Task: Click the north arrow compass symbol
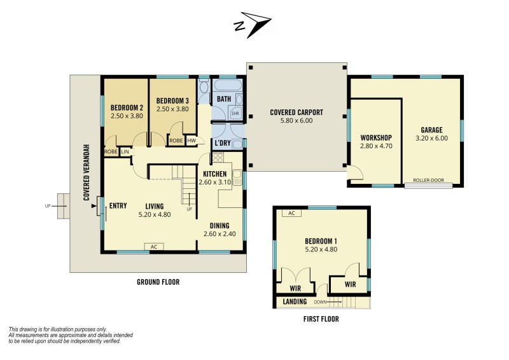tap(253, 24)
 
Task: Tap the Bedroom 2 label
tap(127, 107)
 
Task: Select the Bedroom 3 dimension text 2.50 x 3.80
tap(172, 109)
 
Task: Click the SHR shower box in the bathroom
tap(235, 113)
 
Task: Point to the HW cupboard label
tap(192, 141)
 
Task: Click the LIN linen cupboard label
tap(125, 151)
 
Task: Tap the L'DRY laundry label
tap(223, 143)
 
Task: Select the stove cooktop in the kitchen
tap(218, 158)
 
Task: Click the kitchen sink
tap(237, 177)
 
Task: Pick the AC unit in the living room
tap(154, 247)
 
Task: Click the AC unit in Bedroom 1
tap(291, 213)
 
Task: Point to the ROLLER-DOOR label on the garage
tap(428, 180)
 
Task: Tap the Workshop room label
tap(376, 137)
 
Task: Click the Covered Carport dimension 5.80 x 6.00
tap(296, 120)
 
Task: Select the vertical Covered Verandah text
tap(87, 172)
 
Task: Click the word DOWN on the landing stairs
tap(320, 302)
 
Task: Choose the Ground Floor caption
tap(158, 282)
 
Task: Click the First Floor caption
tap(321, 319)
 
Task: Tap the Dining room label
tap(220, 226)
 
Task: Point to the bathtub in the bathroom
tap(228, 85)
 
